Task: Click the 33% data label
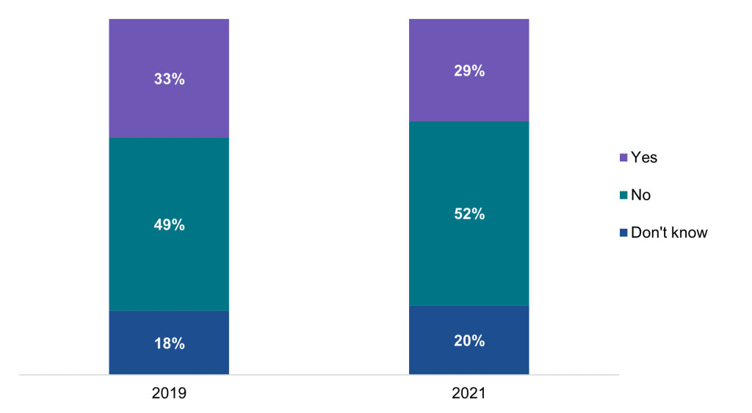click(x=169, y=78)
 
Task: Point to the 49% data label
click(x=169, y=225)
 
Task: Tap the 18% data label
click(x=169, y=343)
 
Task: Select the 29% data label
click(x=469, y=71)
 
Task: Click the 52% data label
click(x=469, y=214)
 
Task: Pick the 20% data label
click(x=469, y=340)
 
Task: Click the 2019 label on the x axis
click(x=169, y=394)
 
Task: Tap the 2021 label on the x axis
click(x=469, y=394)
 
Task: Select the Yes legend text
click(x=644, y=158)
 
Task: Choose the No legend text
click(x=640, y=195)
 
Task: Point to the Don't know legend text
click(x=669, y=233)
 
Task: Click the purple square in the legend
click(x=624, y=158)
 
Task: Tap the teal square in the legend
click(x=624, y=195)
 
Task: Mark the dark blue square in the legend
click(x=624, y=233)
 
